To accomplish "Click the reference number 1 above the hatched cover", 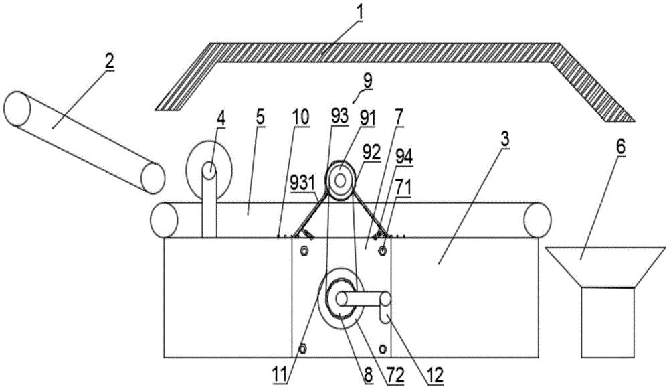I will click(360, 11).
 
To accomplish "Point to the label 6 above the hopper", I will click(621, 147).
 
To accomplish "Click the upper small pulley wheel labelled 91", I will click(341, 179).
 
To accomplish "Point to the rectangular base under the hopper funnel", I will click(607, 321).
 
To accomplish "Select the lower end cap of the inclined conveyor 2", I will click(153, 176).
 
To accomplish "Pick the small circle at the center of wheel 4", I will click(209, 171).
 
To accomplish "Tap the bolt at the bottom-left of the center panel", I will click(303, 348).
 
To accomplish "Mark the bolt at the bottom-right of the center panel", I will click(383, 348).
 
